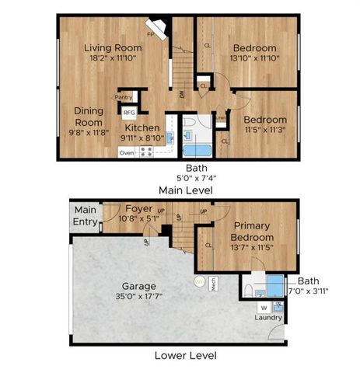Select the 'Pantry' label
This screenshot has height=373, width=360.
point(123,97)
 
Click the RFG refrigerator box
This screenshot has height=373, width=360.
point(129,113)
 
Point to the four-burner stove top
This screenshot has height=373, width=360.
point(145,151)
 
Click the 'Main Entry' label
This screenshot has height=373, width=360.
point(86,215)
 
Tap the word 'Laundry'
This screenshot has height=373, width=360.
point(267,317)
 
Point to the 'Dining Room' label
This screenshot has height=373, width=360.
point(89,116)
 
